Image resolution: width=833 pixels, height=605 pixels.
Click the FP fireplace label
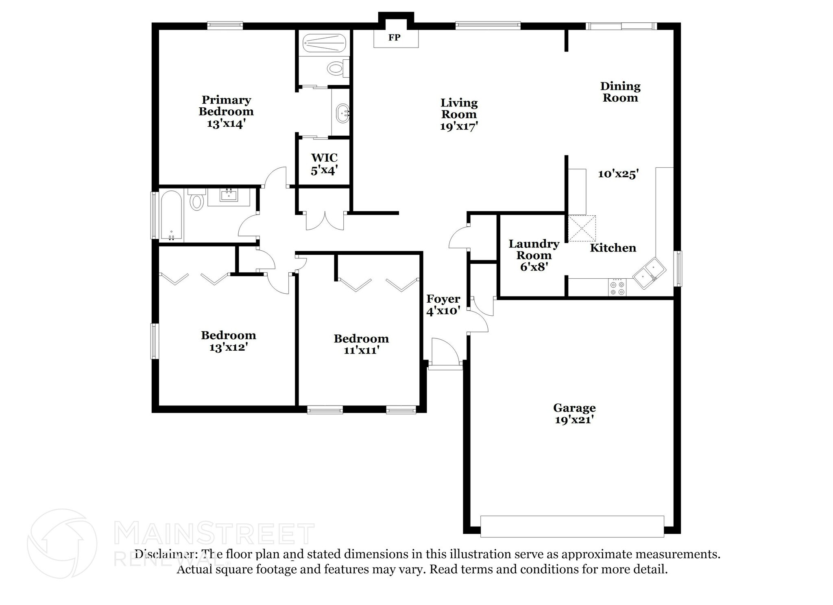click(x=394, y=38)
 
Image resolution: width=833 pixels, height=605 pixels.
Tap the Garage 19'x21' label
click(x=574, y=414)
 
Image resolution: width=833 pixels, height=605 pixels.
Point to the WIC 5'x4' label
click(x=324, y=164)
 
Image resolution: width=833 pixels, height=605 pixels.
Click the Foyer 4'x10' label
click(x=443, y=305)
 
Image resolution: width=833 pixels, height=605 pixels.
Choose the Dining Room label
click(x=620, y=92)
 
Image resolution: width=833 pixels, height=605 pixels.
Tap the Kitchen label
click(x=613, y=248)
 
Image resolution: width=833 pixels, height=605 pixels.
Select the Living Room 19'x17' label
click(x=459, y=114)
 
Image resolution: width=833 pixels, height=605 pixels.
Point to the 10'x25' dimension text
click(x=618, y=174)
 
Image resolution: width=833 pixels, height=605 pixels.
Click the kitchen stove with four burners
click(x=617, y=287)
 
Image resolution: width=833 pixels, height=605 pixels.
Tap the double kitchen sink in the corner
click(x=649, y=273)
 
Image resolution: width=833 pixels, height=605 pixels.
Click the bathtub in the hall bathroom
click(x=172, y=216)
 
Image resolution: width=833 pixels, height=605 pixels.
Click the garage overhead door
click(x=572, y=527)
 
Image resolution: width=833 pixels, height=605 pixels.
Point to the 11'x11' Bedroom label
click(x=361, y=344)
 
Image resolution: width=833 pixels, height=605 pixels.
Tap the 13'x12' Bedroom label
click(x=228, y=341)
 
